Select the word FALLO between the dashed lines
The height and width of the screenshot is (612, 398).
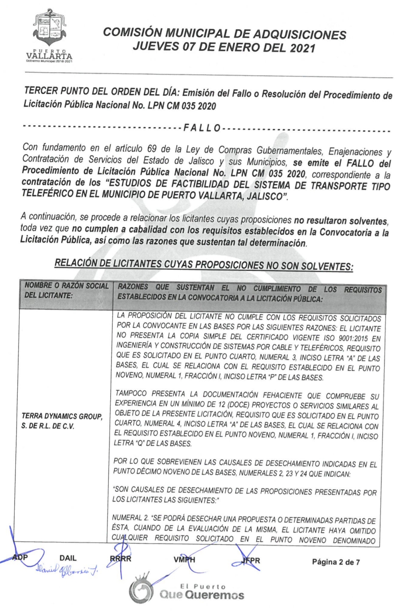pyautogui.click(x=202, y=128)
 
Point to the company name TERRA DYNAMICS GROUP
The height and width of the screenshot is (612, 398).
pyautogui.click(x=62, y=416)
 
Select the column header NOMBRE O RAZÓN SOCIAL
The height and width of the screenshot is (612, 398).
pyautogui.click(x=66, y=286)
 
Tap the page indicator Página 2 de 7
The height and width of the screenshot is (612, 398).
pyautogui.click(x=336, y=562)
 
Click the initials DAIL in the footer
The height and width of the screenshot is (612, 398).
pyautogui.click(x=68, y=558)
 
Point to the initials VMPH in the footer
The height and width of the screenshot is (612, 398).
pyautogui.click(x=184, y=560)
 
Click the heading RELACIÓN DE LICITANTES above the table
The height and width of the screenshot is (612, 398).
pyautogui.click(x=203, y=264)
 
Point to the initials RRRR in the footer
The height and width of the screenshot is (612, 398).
pyautogui.click(x=121, y=559)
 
